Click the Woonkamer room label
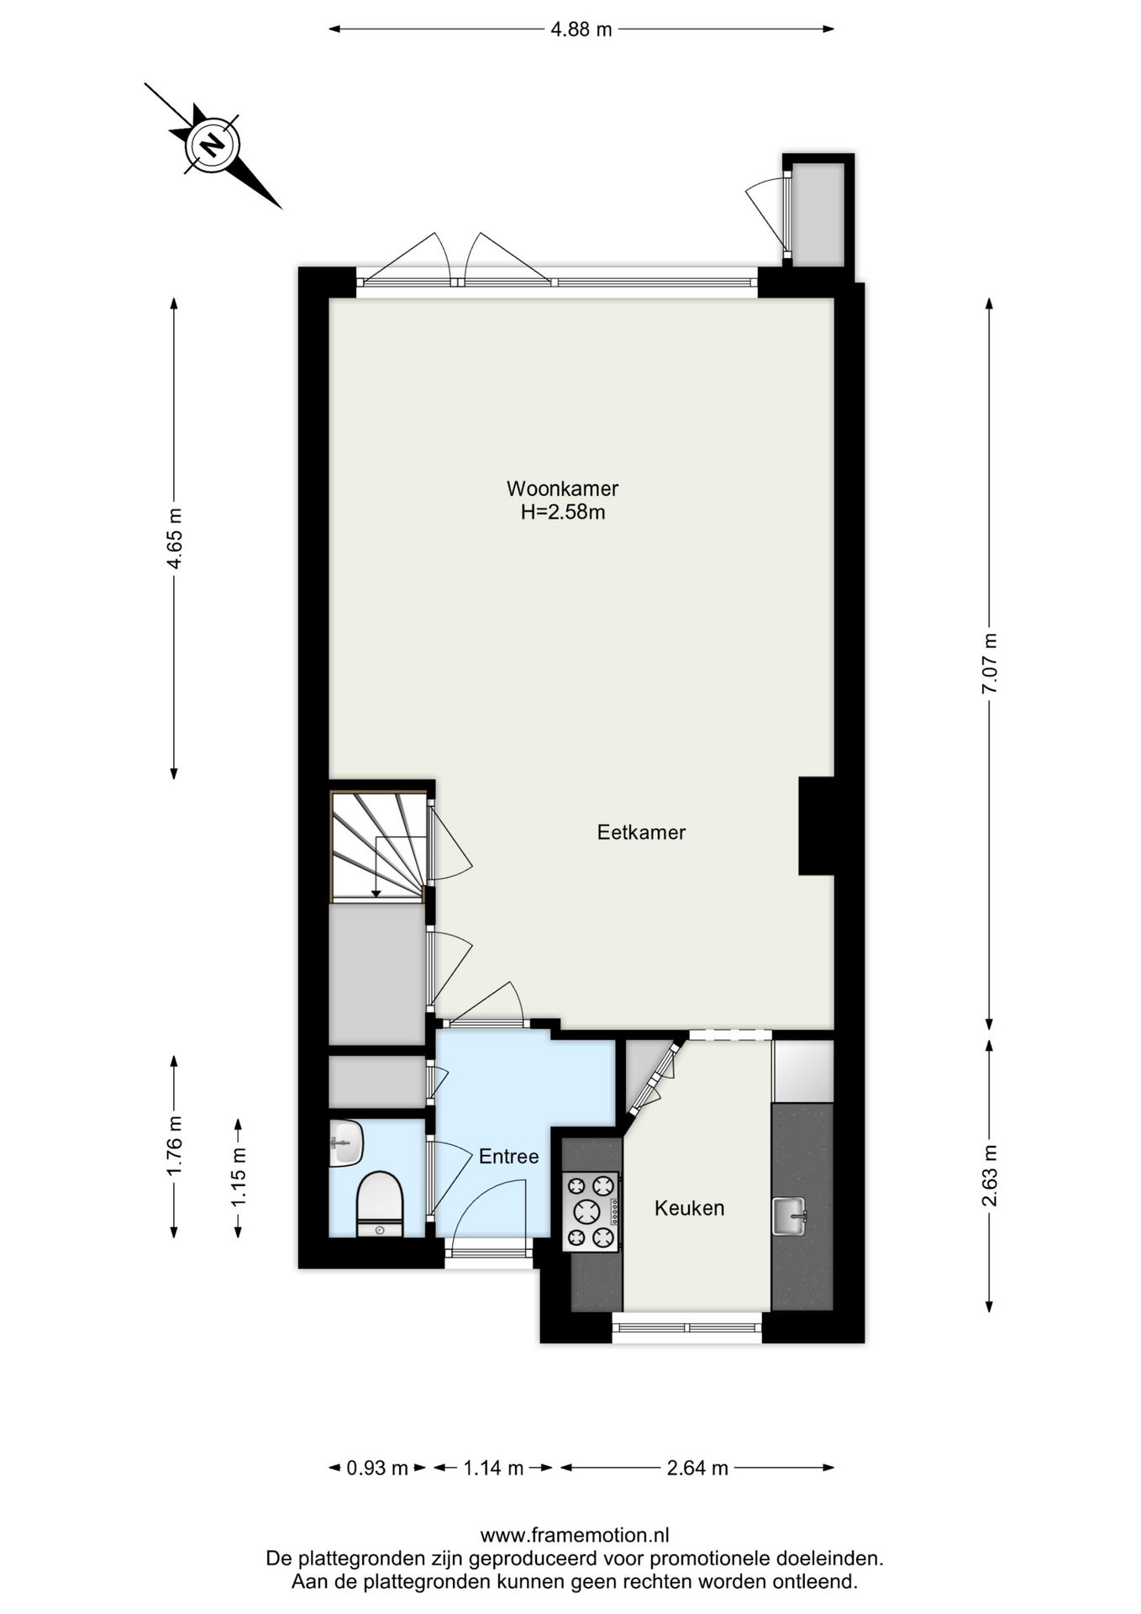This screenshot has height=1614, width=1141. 562,488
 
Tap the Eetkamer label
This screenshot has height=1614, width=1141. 641,832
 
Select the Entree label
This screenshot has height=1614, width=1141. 508,1157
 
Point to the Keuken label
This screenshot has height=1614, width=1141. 689,1208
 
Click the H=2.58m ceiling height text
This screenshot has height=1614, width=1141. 563,512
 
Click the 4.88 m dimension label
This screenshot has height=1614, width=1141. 581,29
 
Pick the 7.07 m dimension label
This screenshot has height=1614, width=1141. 990,663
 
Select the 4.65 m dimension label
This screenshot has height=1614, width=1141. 174,539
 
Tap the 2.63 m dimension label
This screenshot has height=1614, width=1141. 990,1176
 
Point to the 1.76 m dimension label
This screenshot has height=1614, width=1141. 174,1147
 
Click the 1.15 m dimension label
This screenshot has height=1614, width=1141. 239,1178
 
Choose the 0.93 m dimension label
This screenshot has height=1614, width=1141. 377,1468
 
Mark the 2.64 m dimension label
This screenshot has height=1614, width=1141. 697,1468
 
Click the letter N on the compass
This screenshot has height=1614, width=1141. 213,145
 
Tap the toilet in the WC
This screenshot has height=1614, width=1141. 380,1204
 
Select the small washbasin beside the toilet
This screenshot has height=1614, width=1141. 345,1142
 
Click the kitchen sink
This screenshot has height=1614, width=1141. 789,1216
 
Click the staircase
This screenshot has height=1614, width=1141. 377,846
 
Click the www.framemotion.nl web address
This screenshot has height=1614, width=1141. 575,1535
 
